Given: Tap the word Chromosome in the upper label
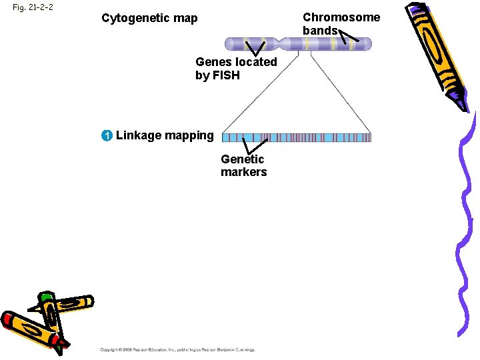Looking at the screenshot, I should [341, 17].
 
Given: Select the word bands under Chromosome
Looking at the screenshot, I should [320, 31].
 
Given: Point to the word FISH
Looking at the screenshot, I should [225, 75].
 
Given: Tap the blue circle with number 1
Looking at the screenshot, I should [107, 136].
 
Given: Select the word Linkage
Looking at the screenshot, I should [138, 136].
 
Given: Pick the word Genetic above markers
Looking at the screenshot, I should [242, 159].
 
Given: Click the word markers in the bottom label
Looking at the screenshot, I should [243, 172].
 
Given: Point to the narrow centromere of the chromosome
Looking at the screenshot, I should [287, 44].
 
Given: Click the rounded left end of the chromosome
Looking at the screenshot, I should [229, 44].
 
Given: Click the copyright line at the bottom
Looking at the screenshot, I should [177, 349].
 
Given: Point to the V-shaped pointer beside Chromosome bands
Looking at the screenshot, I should [349, 39].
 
